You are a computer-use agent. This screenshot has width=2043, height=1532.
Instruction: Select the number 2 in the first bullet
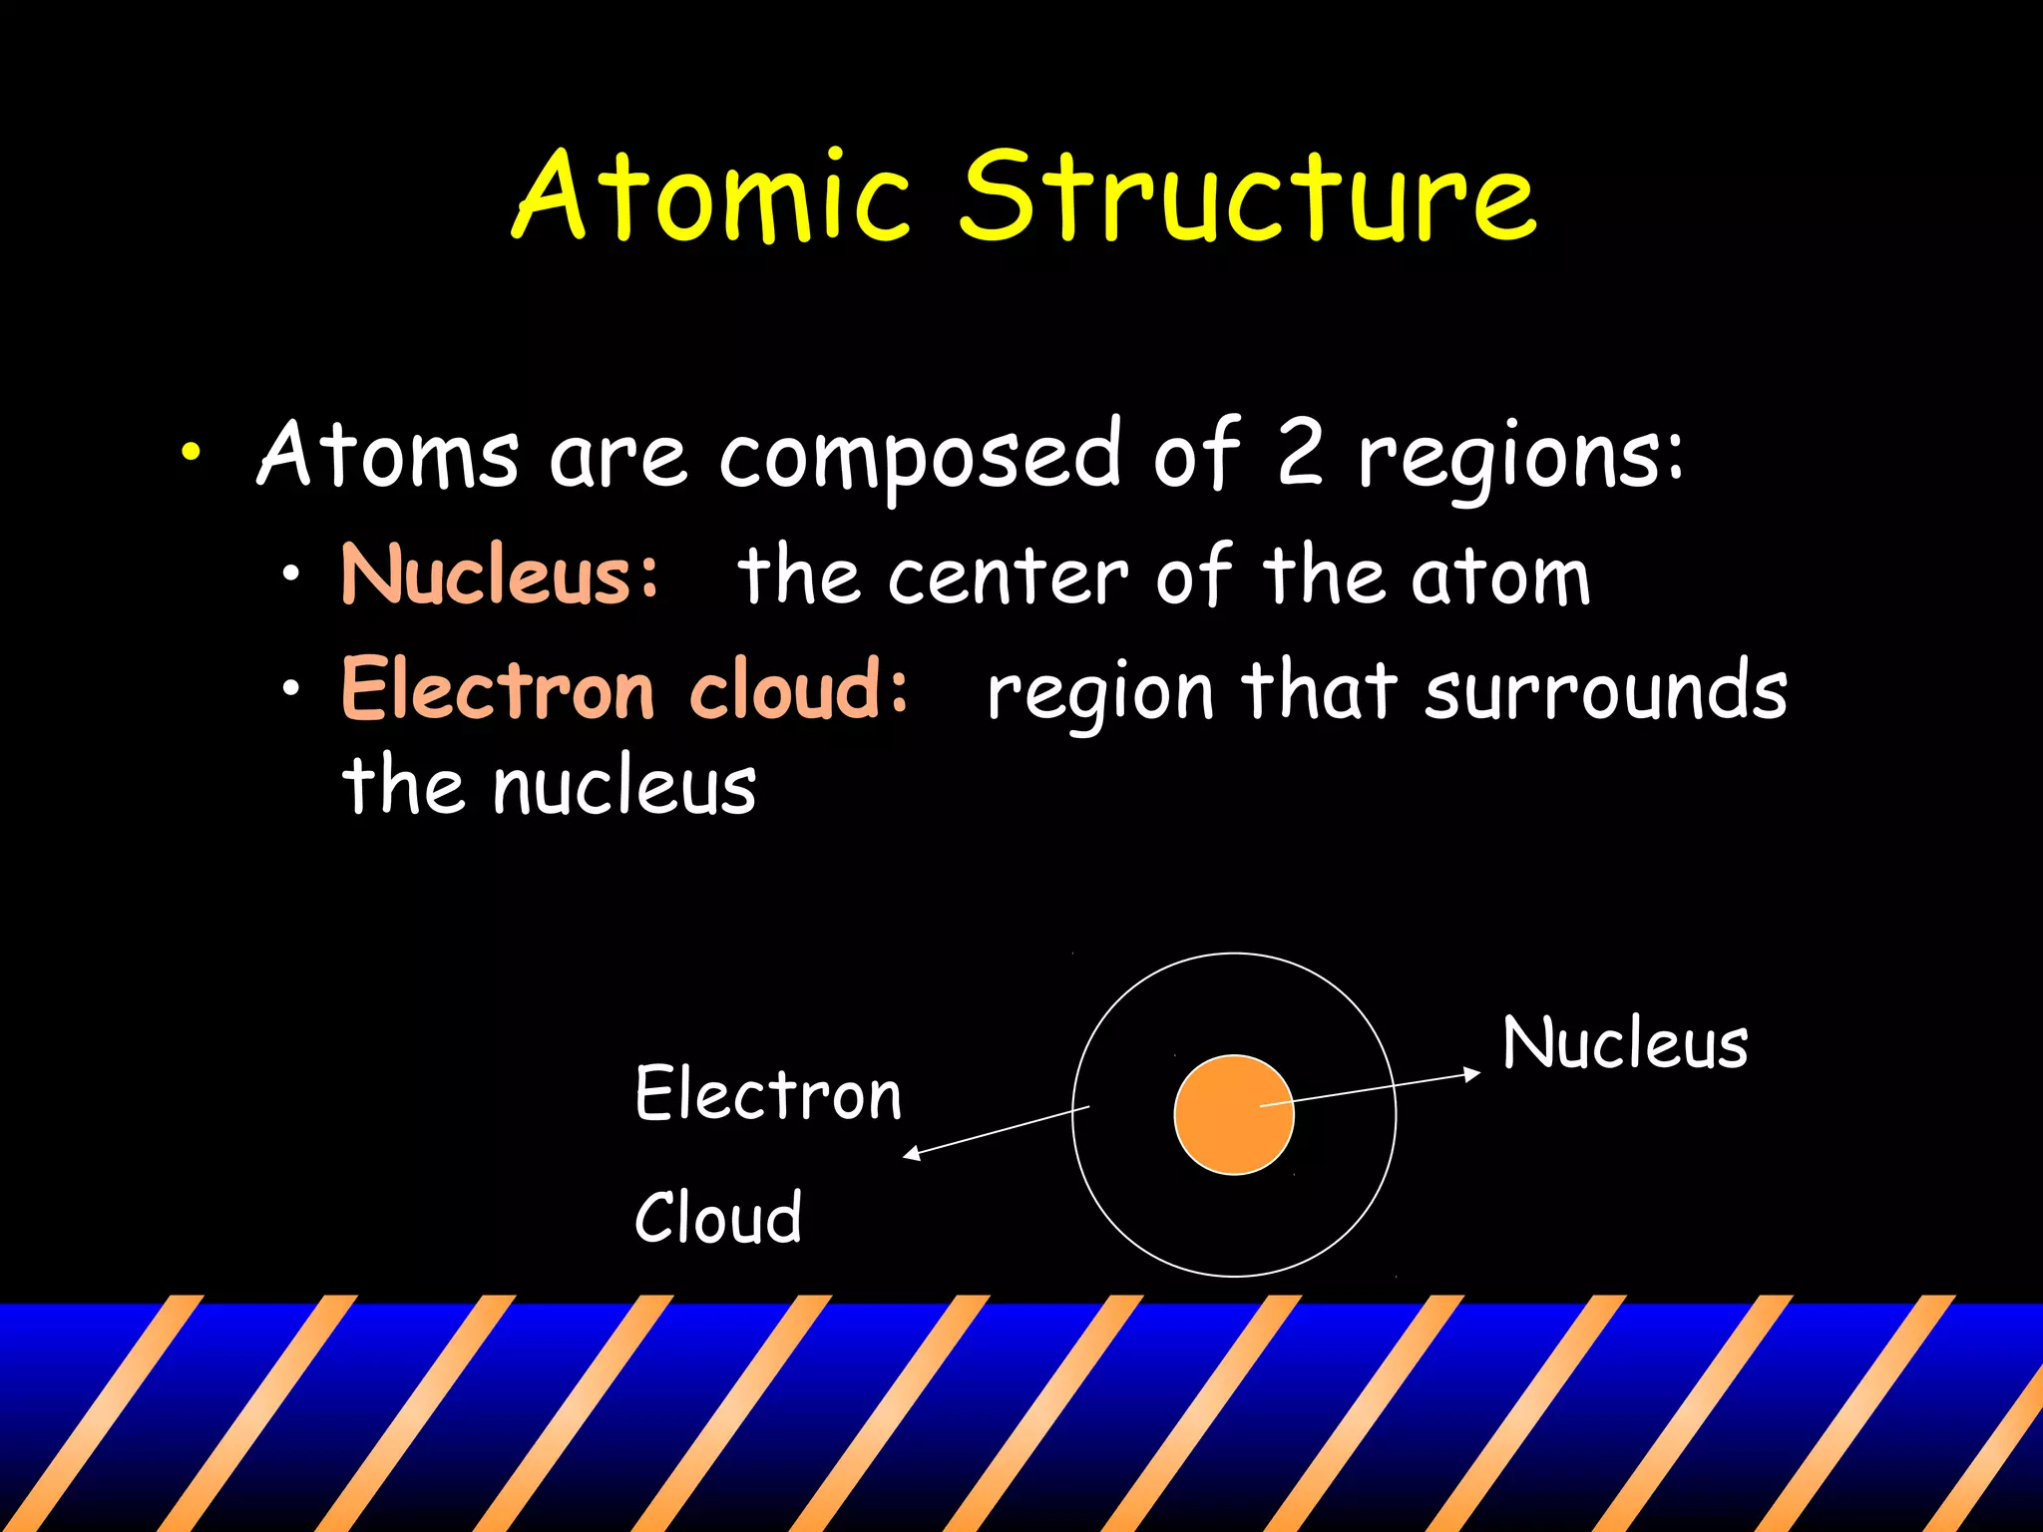tap(1299, 454)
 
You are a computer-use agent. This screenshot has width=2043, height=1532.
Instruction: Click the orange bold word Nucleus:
tap(500, 575)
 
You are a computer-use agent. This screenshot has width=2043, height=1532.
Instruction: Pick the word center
tap(1008, 577)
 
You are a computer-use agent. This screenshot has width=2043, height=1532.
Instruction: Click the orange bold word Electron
tap(498, 689)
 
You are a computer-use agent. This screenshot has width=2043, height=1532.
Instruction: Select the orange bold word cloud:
tap(799, 689)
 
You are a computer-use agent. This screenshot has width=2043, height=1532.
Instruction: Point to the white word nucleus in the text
tap(624, 787)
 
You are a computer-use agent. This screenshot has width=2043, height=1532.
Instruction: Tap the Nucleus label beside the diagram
tap(1625, 1043)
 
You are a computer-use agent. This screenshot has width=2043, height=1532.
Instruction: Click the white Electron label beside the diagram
tap(768, 1094)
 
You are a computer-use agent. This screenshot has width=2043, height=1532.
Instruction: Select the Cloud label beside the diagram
tap(718, 1218)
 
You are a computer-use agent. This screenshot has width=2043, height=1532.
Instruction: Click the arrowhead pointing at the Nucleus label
tap(1473, 1073)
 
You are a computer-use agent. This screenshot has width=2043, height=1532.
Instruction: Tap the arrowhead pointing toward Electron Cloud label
tap(911, 1155)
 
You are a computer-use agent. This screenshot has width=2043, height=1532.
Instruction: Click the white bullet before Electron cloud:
tap(290, 688)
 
